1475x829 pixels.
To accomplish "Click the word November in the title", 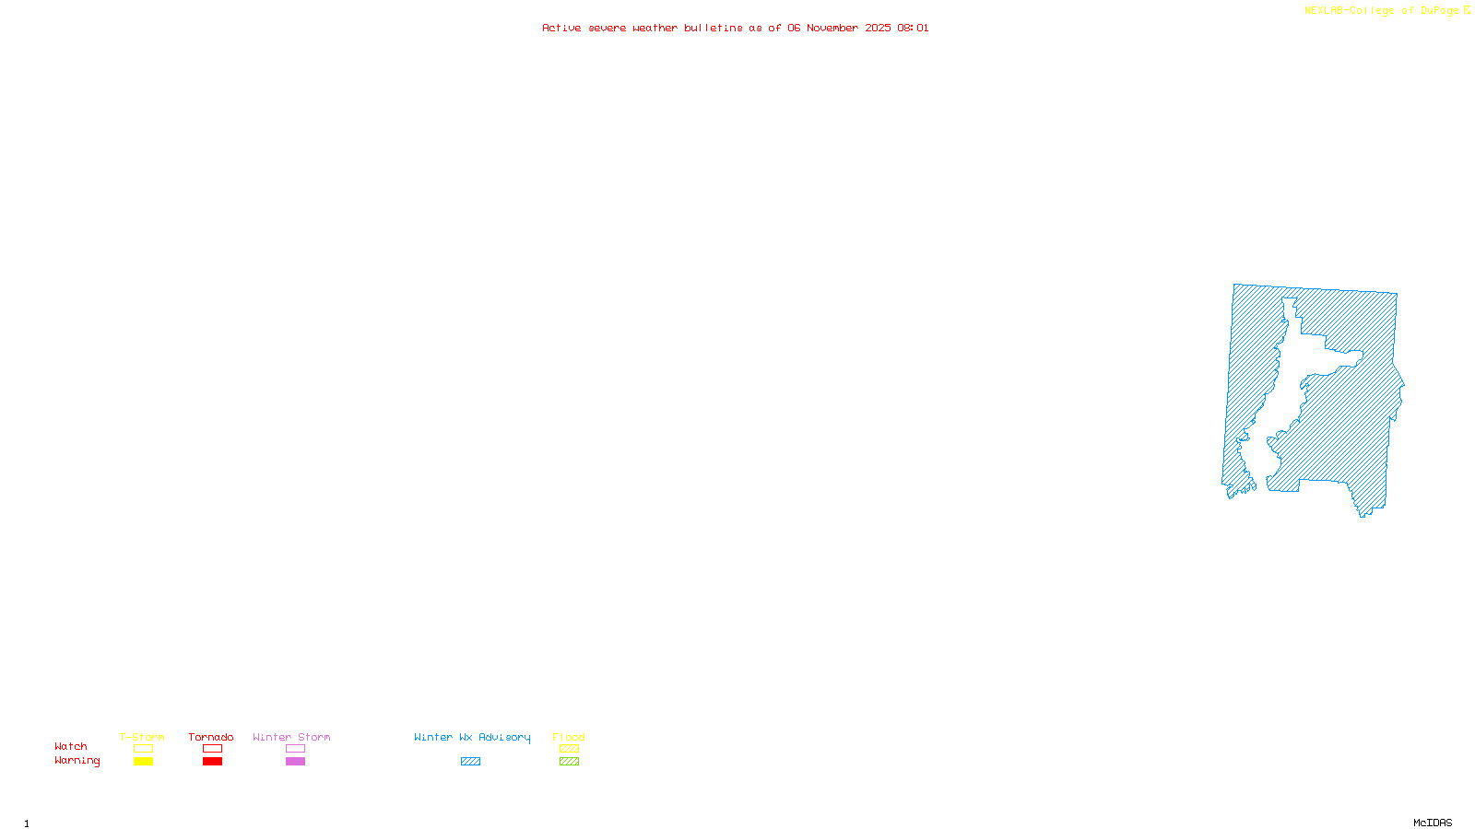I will pos(832,28).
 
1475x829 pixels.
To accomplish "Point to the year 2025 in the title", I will pos(878,28).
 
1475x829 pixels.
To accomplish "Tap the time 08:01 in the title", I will pos(913,28).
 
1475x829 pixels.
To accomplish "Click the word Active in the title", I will pos(561,28).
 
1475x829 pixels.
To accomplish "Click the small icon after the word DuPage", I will pos(1467,10).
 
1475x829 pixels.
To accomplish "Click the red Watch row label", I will pos(71,746).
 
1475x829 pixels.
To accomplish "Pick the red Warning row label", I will pos(77,761).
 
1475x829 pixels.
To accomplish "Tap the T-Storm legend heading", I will pos(142,737).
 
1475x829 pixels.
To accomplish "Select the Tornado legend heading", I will pos(211,737).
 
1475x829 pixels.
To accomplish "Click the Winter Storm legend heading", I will pos(291,737).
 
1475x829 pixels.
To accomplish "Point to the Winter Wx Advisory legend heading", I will pos(472,737).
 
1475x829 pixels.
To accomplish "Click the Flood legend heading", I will pos(569,737).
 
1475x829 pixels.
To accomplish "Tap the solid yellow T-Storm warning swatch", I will pos(143,762).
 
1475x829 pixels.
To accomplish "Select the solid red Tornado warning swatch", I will pos(212,762).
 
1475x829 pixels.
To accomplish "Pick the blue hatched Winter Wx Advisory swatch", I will pos(470,762).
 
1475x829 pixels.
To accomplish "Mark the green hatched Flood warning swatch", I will pos(569,762).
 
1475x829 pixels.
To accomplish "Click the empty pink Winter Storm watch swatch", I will pos(295,749).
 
